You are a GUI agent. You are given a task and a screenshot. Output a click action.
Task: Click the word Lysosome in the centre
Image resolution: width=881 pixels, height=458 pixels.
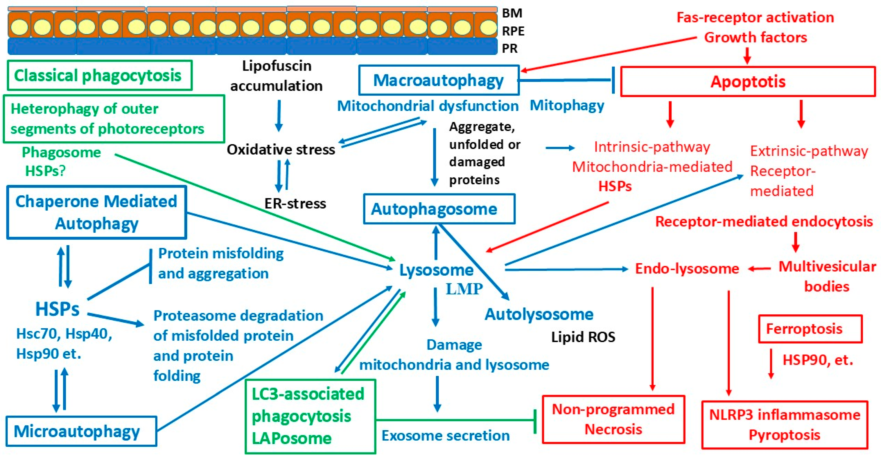[x=436, y=270]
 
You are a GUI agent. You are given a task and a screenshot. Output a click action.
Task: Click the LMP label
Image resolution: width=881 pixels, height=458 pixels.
[x=464, y=289]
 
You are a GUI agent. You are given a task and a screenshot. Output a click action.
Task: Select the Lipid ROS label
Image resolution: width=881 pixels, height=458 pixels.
[x=583, y=337]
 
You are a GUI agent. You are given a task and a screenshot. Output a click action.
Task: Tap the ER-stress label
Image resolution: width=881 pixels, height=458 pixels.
[x=295, y=204]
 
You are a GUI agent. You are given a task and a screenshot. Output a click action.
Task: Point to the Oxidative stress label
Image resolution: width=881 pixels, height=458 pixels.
[x=281, y=150]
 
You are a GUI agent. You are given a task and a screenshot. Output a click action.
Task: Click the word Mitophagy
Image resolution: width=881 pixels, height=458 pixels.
[x=567, y=106]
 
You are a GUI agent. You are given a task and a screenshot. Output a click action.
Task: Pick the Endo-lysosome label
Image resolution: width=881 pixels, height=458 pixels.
[x=687, y=269]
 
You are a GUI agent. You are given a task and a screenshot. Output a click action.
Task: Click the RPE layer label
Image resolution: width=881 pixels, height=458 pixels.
[x=513, y=31]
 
